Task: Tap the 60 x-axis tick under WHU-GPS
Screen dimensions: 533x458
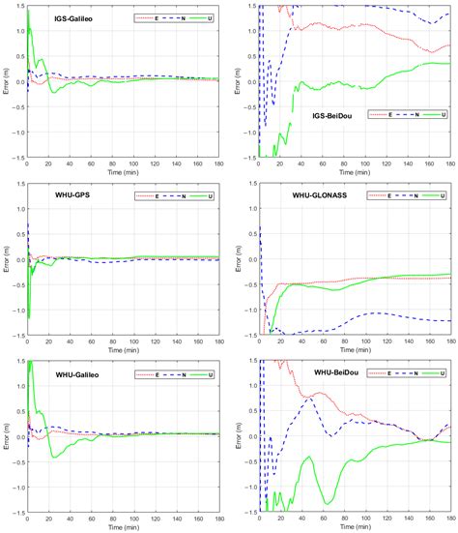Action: (91, 341)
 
